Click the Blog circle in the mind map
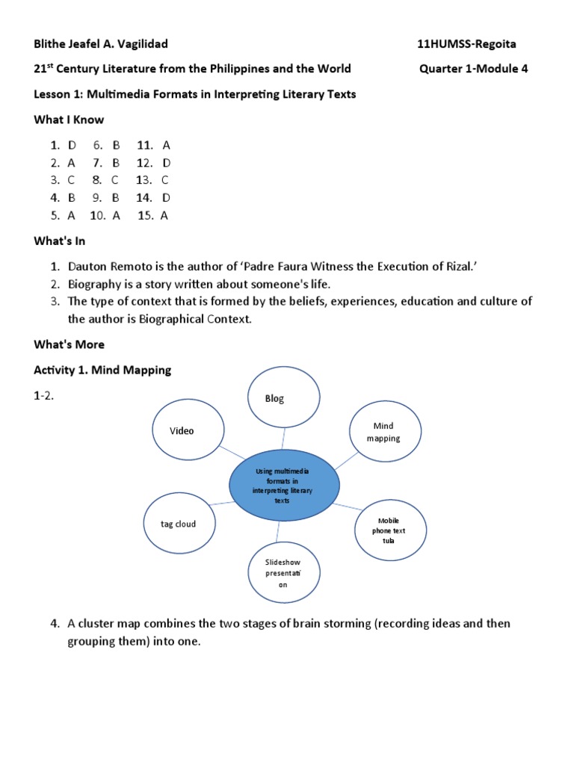click(285, 397)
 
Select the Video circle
click(188, 430)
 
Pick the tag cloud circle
click(179, 524)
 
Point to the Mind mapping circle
click(383, 432)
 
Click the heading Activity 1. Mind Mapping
click(102, 370)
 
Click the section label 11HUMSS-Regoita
click(466, 44)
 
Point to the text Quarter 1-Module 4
click(475, 69)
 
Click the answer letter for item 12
click(167, 162)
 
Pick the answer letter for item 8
click(115, 180)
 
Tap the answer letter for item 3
click(71, 180)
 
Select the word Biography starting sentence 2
click(95, 284)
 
